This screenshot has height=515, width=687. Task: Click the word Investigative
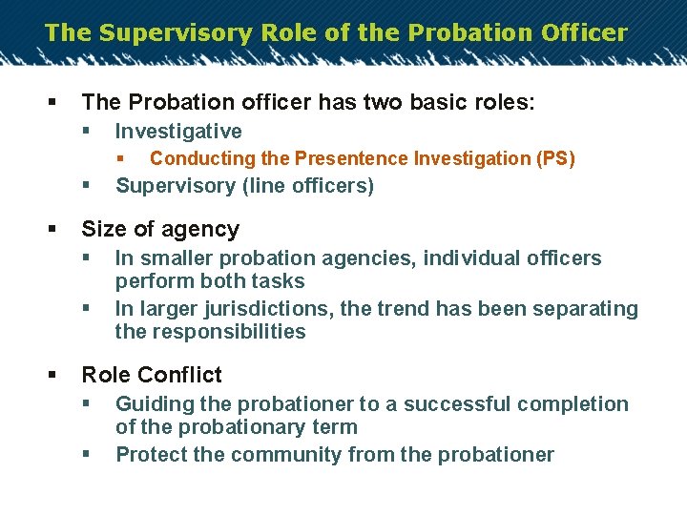178,132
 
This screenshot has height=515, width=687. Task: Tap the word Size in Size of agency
103,229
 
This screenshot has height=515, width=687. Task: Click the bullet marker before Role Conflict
52,375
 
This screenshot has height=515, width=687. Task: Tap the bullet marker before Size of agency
52,229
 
